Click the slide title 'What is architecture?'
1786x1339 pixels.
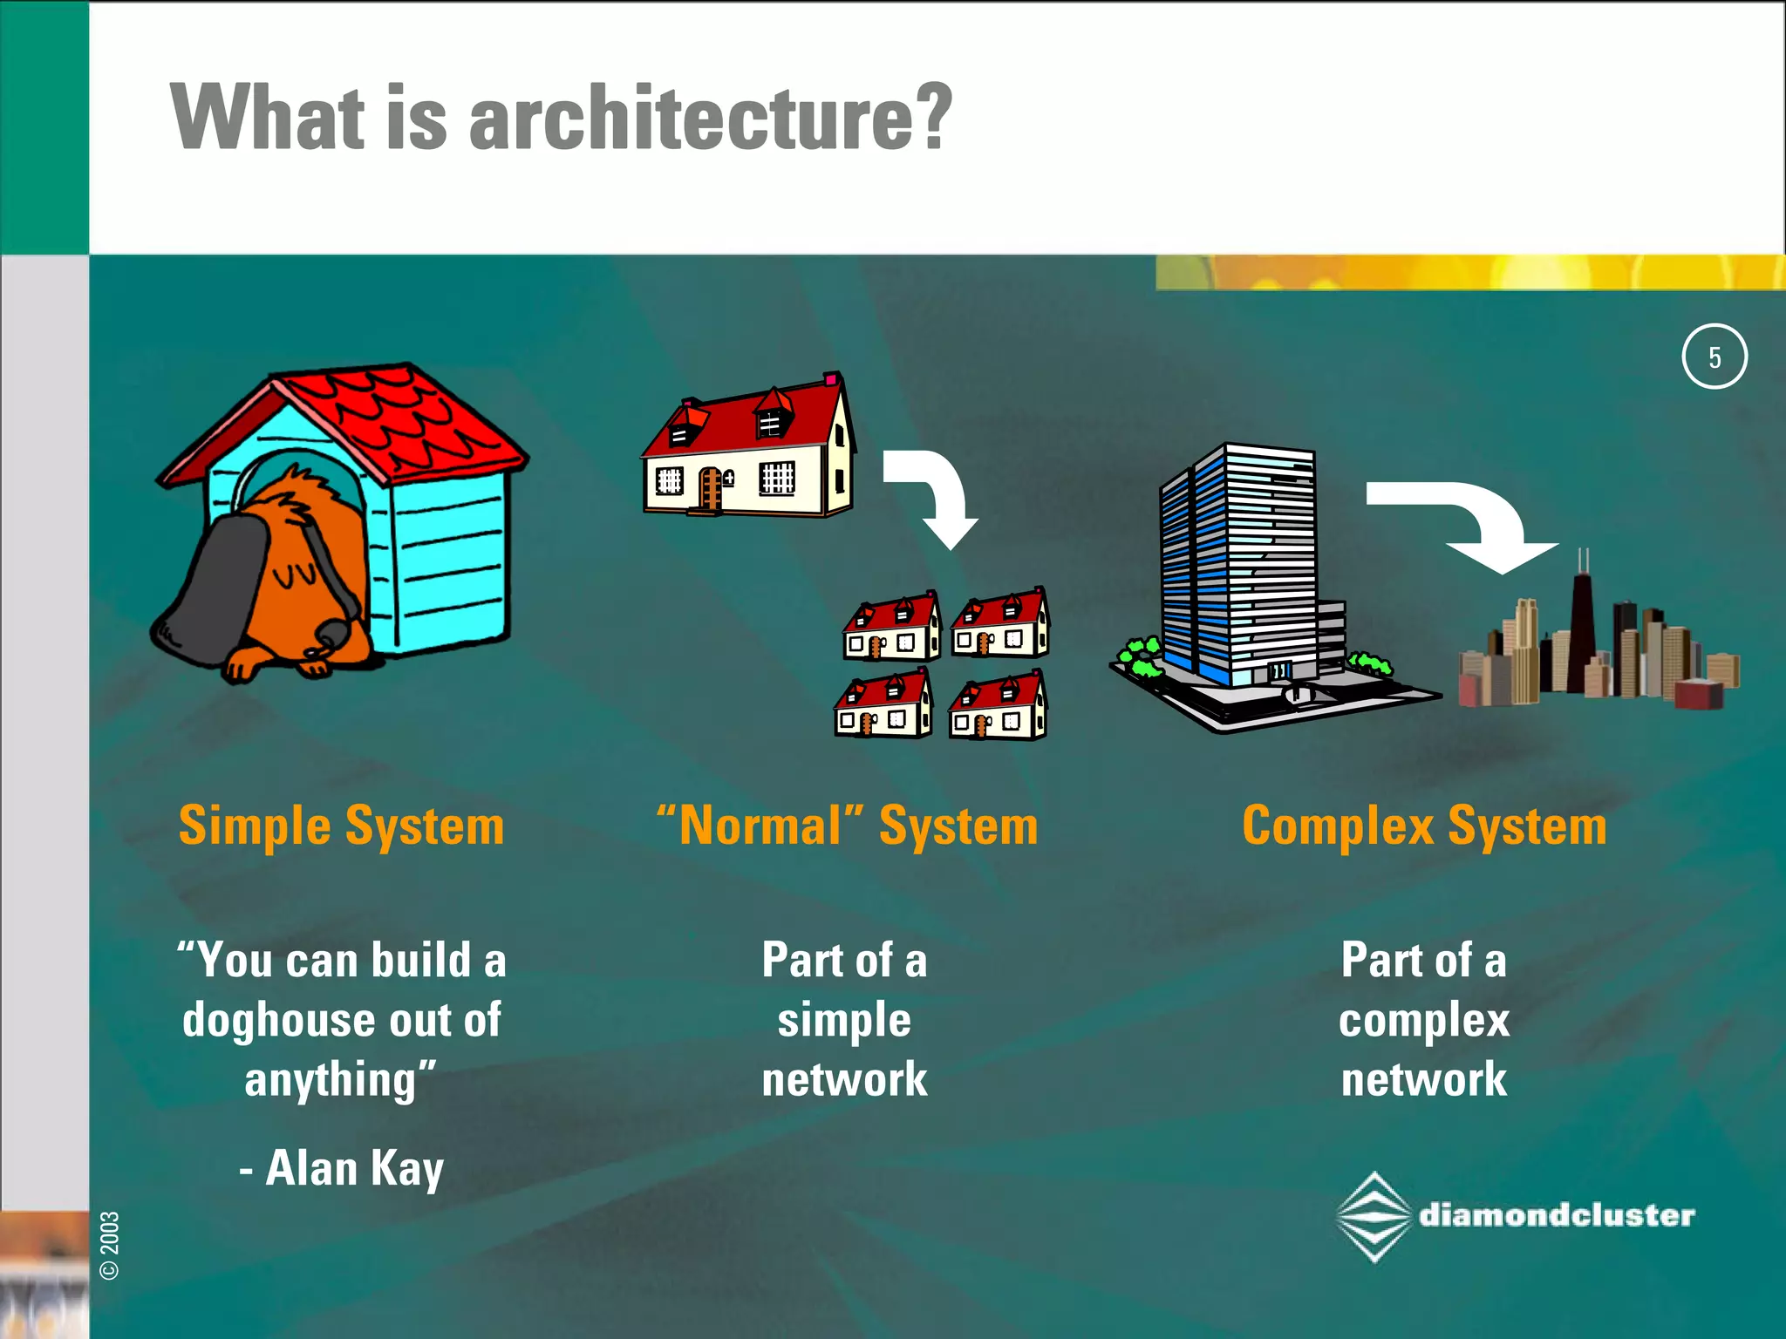coord(561,118)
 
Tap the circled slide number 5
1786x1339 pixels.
coord(1714,357)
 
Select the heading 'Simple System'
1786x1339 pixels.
coord(341,826)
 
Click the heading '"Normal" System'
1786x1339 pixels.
coord(847,826)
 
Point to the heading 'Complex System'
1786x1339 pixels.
coord(1423,826)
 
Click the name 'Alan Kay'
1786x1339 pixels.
coord(354,1168)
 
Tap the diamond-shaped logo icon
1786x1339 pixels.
coord(1374,1217)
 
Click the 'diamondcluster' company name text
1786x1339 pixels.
coord(1557,1215)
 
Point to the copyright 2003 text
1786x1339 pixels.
coord(110,1245)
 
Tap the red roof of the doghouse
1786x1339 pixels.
coord(392,418)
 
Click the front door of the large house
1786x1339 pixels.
coord(710,488)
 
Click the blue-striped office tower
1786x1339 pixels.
coord(1238,567)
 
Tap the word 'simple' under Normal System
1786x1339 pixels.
coord(844,1021)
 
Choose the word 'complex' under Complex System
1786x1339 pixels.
coord(1423,1021)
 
